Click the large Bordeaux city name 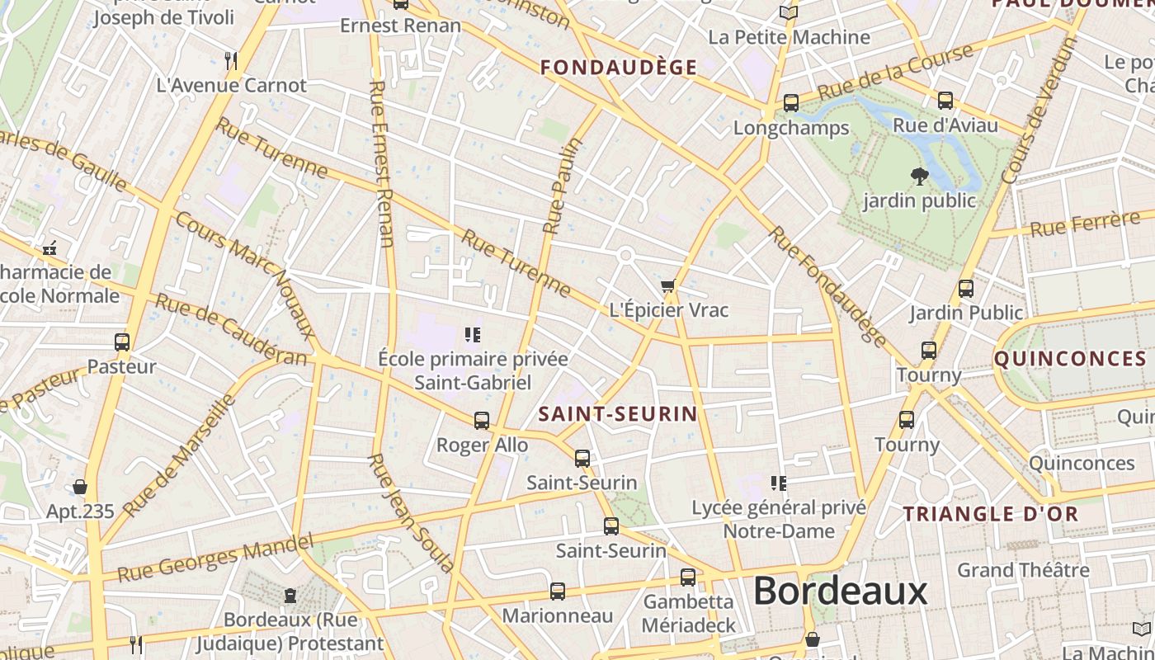[x=840, y=592]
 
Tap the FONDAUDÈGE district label [x=619, y=68]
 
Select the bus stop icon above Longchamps [x=790, y=103]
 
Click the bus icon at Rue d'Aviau [x=945, y=101]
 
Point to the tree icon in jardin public [x=919, y=176]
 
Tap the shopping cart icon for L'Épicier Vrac [x=667, y=286]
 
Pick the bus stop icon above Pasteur [x=122, y=342]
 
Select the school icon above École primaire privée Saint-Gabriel [x=473, y=335]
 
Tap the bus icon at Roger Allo [x=482, y=421]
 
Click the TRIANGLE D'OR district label [x=990, y=514]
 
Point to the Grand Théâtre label [x=1023, y=570]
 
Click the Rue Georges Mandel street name [x=215, y=558]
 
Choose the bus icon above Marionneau [x=558, y=592]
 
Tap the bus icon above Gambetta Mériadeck [x=688, y=577]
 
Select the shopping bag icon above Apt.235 [x=80, y=487]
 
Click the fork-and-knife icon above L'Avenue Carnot [x=231, y=60]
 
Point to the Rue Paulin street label [x=563, y=185]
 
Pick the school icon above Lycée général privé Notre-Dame [x=778, y=483]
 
